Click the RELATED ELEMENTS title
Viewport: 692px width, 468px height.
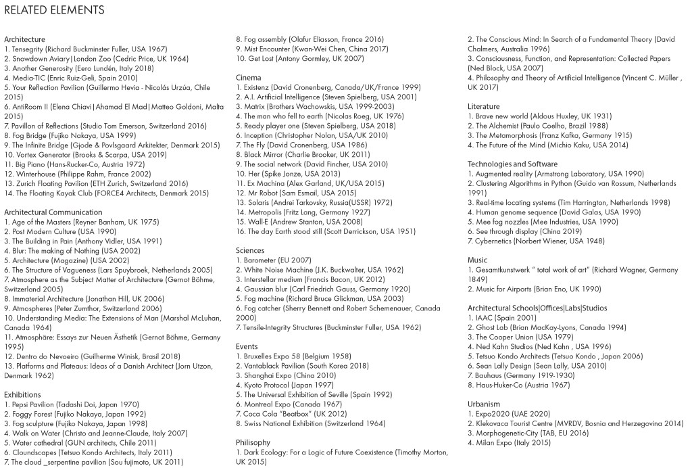point(54,10)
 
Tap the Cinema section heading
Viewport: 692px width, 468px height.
point(248,78)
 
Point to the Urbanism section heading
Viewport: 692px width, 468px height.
point(484,404)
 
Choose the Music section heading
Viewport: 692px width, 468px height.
point(477,260)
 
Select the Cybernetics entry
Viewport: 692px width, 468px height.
point(536,241)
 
